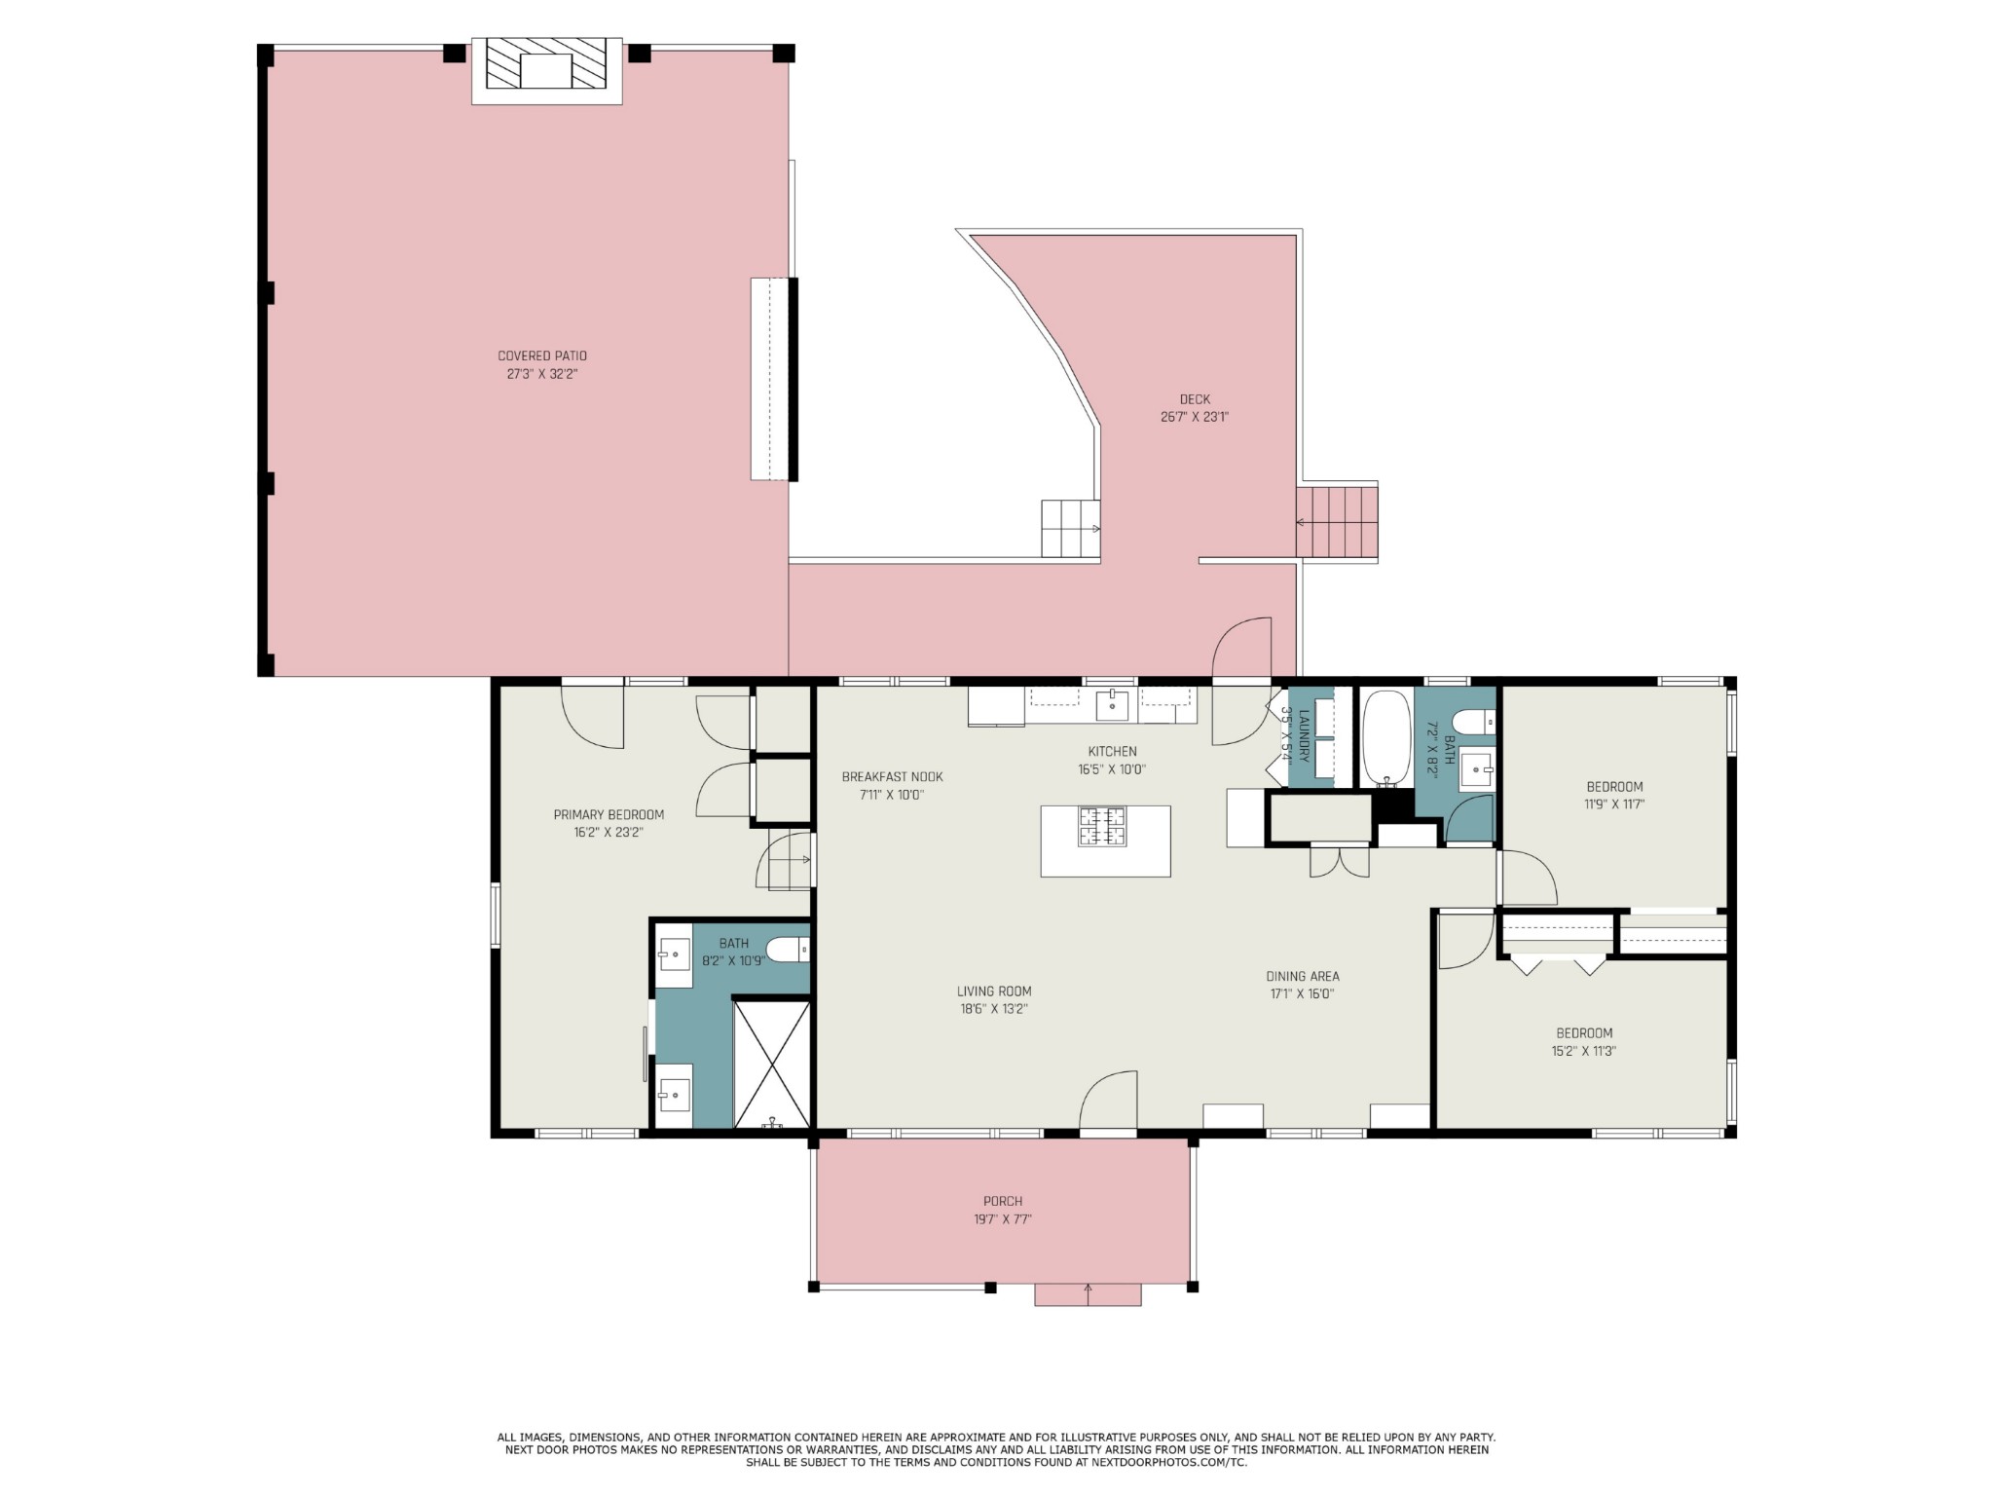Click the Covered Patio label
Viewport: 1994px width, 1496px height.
tap(542, 356)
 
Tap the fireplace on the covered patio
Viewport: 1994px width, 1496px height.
tap(546, 70)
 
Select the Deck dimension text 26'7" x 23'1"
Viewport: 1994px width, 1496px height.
tap(1195, 417)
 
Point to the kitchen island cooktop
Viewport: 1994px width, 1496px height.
tap(1102, 826)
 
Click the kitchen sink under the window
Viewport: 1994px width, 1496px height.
tap(1112, 704)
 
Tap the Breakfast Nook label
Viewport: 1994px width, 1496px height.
tap(892, 777)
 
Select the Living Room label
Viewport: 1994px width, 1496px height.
tap(994, 991)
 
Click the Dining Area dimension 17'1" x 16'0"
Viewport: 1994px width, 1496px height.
tap(1301, 994)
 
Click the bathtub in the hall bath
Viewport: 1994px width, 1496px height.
tap(1385, 738)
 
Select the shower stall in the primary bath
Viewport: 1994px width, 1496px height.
tap(771, 1064)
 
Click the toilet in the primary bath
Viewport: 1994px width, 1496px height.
tap(788, 949)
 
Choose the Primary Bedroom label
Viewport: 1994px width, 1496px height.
tap(609, 815)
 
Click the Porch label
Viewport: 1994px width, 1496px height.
tap(1003, 1202)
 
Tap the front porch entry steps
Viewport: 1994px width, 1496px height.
tap(1088, 1294)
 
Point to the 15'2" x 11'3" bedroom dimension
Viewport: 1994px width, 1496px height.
tap(1584, 1051)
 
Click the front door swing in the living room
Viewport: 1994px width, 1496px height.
tap(1108, 1101)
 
